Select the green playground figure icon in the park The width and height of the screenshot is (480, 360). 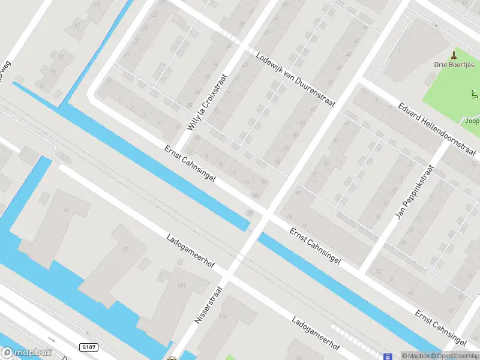474,94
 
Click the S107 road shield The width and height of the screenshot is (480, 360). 88,347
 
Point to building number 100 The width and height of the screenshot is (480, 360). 181,286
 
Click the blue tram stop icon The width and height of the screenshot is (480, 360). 388,355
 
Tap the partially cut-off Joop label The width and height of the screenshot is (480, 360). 472,120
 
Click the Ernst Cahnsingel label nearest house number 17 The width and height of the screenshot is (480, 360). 316,246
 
